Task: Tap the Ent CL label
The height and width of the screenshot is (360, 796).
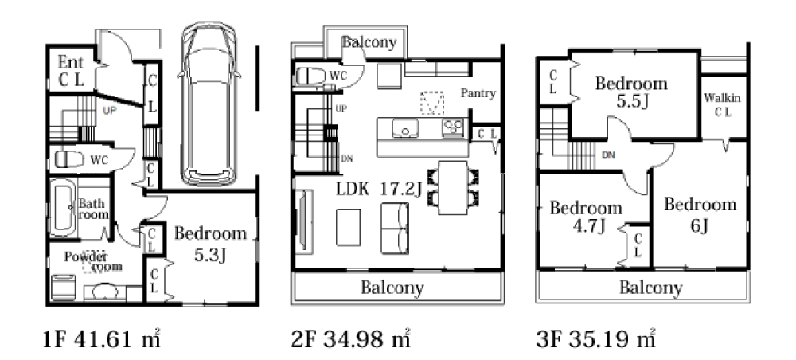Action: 71,71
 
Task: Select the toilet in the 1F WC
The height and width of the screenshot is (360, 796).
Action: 69,159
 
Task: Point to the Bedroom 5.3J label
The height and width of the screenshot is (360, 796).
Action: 210,244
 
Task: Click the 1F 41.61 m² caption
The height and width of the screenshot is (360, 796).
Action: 102,338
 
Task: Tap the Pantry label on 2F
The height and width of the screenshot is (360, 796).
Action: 478,93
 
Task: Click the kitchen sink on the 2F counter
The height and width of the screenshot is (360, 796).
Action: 405,128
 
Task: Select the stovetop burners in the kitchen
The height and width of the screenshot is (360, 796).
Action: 454,127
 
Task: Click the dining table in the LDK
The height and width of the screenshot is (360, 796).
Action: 453,187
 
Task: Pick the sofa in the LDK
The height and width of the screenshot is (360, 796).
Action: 395,228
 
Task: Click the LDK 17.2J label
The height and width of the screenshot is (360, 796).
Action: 379,189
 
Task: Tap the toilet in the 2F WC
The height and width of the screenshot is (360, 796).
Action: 310,76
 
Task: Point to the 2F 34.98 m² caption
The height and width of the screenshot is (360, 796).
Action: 351,338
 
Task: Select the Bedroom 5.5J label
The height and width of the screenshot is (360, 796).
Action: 631,92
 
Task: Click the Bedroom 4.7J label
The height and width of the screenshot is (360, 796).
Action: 586,217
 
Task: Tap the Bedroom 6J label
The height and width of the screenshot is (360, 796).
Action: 700,214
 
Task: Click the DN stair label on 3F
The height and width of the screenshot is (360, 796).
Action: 608,155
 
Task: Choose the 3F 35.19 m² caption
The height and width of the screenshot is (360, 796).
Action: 595,338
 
